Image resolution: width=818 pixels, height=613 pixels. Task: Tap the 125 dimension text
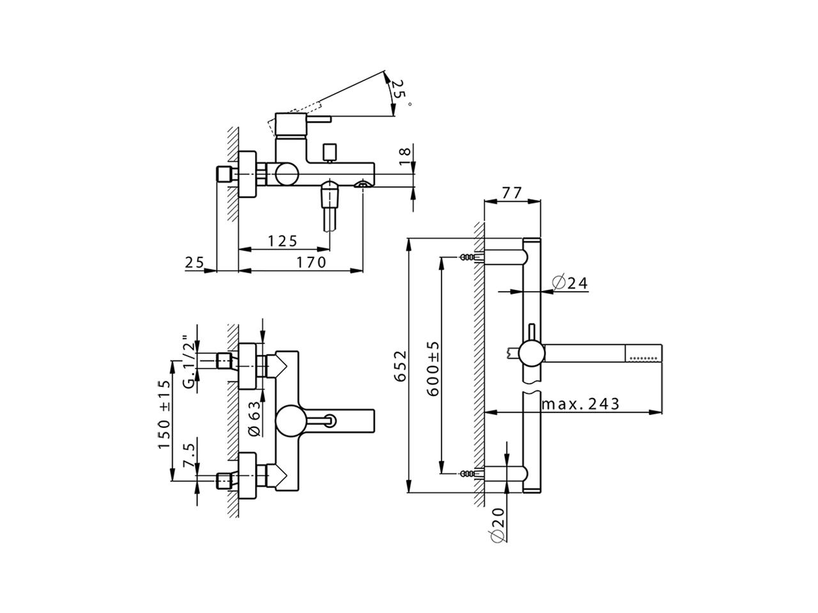(282, 241)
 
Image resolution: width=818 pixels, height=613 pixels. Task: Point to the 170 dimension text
(311, 262)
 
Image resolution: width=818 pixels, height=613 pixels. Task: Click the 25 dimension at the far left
(194, 262)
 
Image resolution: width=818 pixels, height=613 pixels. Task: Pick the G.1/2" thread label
(189, 362)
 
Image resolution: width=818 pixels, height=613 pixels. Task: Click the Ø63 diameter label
(253, 418)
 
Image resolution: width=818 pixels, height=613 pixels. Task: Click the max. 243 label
(580, 404)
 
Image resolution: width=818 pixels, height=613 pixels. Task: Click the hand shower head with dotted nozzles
(645, 352)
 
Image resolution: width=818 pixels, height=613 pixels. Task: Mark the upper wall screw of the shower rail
(470, 257)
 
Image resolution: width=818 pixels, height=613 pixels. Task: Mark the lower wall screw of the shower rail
(470, 473)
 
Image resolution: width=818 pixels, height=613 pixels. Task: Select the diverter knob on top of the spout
(330, 152)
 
